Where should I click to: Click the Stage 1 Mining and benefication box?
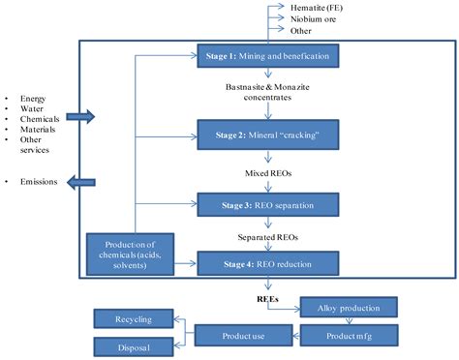click(267, 57)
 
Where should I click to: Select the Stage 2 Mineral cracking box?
click(267, 131)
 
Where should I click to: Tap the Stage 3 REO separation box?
click(267, 205)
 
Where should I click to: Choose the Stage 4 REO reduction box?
click(267, 260)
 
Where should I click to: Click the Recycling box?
click(135, 317)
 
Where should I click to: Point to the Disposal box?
click(135, 346)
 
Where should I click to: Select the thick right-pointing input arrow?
click(83, 117)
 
